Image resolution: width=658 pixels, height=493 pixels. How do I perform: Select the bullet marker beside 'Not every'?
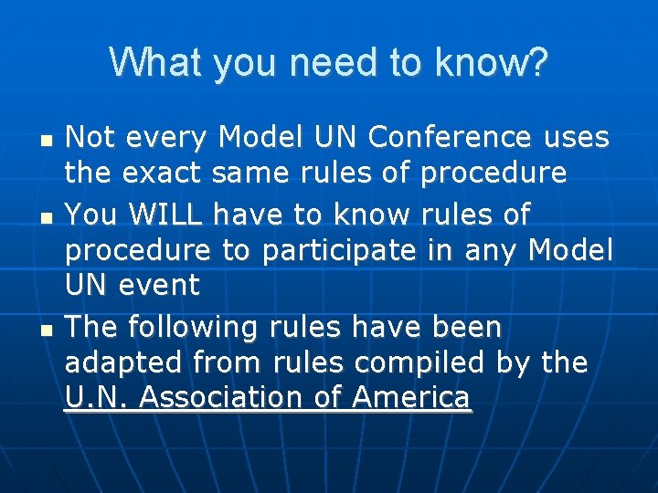pyautogui.click(x=46, y=143)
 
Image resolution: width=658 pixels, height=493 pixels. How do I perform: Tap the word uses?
pyautogui.click(x=575, y=138)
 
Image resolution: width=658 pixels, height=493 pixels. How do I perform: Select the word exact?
pyautogui.click(x=164, y=172)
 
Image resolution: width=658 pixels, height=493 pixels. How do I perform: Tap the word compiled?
pyautogui.click(x=420, y=362)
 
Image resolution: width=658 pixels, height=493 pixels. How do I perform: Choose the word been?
pyautogui.click(x=467, y=327)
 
